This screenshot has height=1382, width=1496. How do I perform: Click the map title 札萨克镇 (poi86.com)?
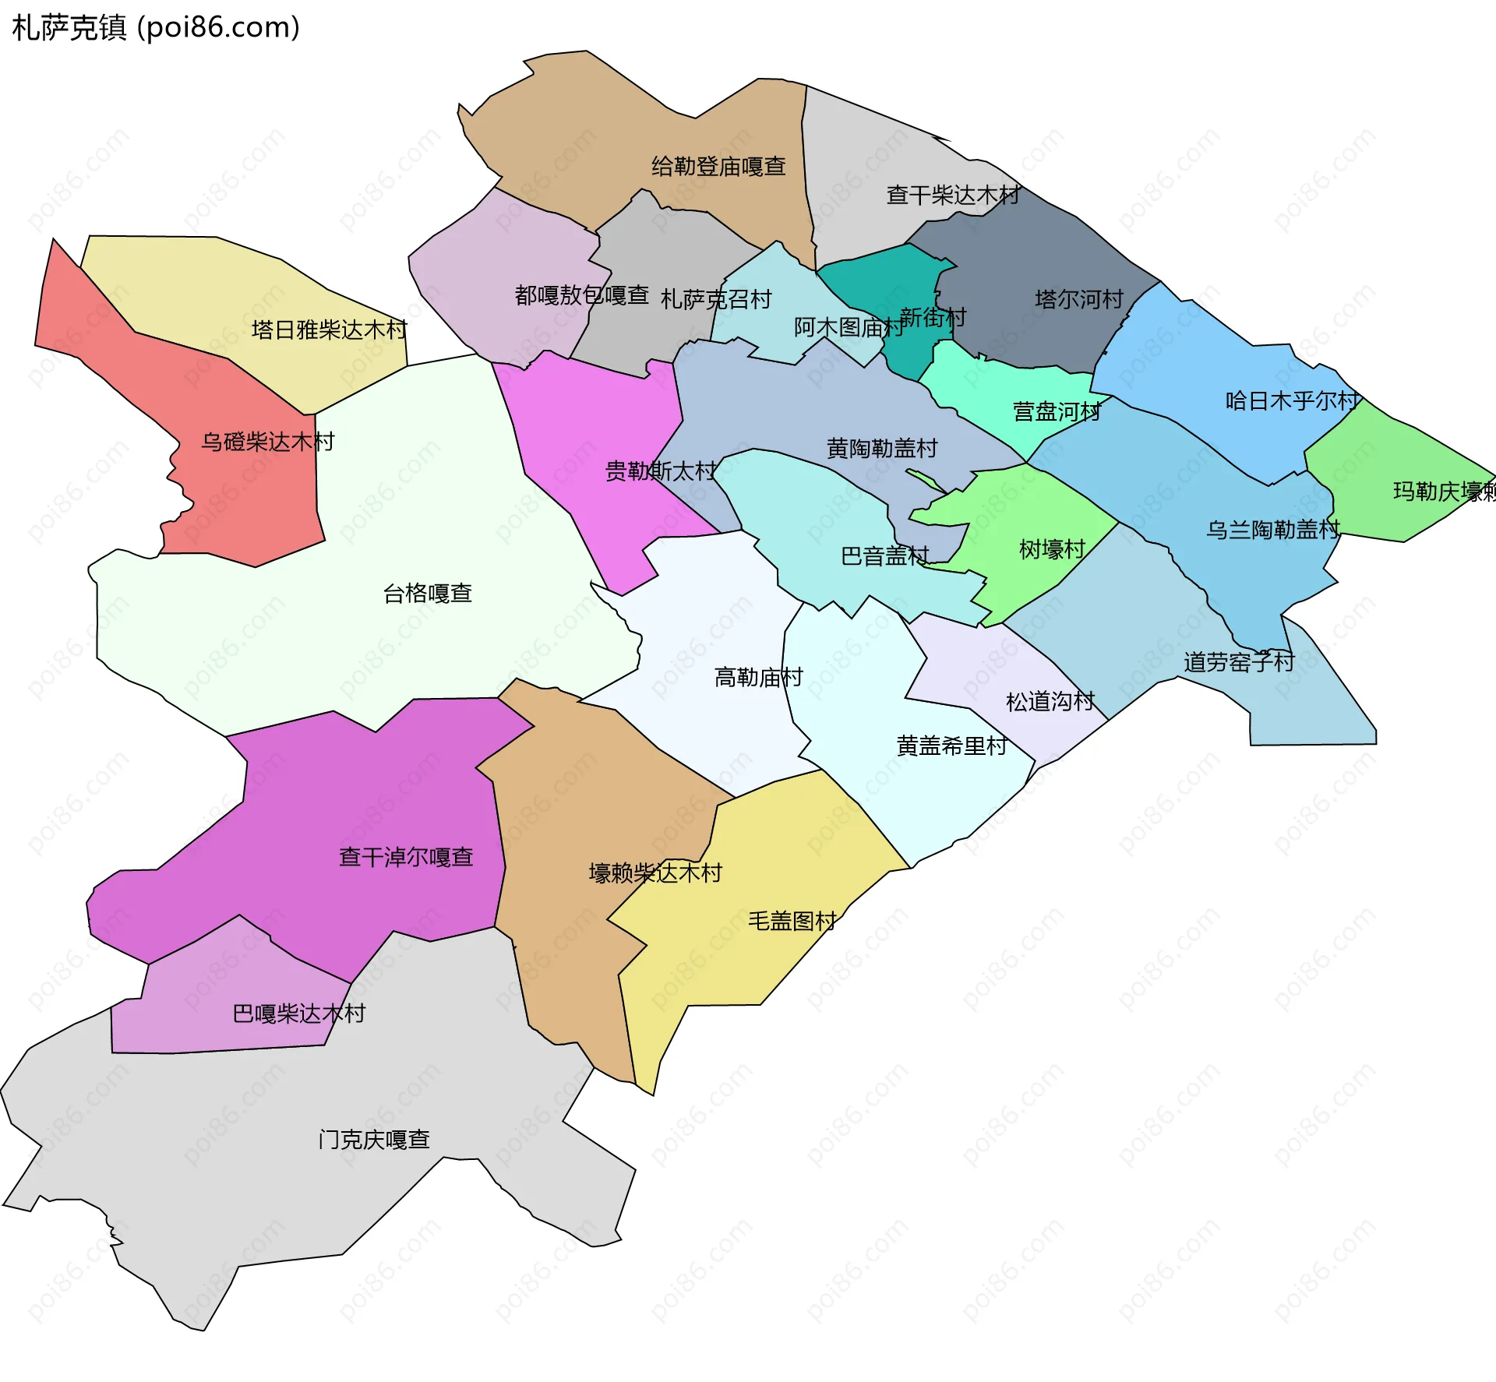(x=156, y=28)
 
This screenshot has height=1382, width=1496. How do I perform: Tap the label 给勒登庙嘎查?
(x=718, y=167)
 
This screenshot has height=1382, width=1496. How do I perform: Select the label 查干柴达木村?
(x=953, y=195)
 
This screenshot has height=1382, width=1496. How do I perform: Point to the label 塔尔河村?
(x=1079, y=299)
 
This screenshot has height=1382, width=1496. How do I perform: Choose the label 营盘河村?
(x=1057, y=411)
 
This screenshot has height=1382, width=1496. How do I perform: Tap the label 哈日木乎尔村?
(x=1292, y=400)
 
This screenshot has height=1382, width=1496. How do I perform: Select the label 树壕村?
(x=1052, y=549)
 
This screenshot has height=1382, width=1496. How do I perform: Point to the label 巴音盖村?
(x=884, y=555)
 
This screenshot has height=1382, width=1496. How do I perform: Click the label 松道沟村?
(x=1050, y=701)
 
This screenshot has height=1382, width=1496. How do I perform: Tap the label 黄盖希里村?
(x=951, y=746)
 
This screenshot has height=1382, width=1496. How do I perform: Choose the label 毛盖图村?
(x=792, y=921)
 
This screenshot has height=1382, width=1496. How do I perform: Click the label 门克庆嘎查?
(x=374, y=1140)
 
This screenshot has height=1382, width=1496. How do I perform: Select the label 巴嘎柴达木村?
(x=299, y=1014)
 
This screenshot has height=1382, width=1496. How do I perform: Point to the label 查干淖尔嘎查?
(x=406, y=857)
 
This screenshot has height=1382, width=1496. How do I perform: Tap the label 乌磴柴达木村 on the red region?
(x=267, y=442)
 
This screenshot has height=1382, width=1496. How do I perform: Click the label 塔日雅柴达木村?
(x=329, y=330)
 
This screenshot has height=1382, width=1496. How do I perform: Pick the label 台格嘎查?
(x=428, y=594)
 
